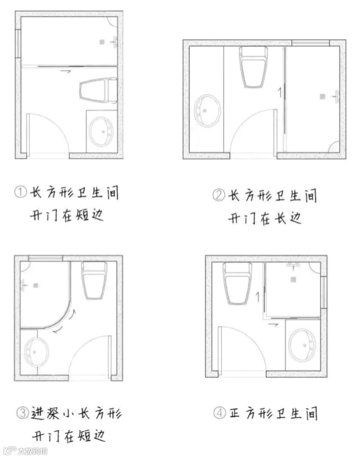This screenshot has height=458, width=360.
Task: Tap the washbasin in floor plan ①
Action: pos(101,131)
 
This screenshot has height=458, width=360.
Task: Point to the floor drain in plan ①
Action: pos(102,42)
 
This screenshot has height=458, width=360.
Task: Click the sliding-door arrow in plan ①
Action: pos(65,70)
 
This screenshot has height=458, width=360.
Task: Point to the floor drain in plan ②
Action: pos(322,96)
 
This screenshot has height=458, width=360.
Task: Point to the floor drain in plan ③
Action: pos(36,285)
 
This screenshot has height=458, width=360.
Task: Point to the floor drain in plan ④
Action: pos(293,279)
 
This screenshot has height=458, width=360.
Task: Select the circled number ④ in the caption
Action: pos(220,413)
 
